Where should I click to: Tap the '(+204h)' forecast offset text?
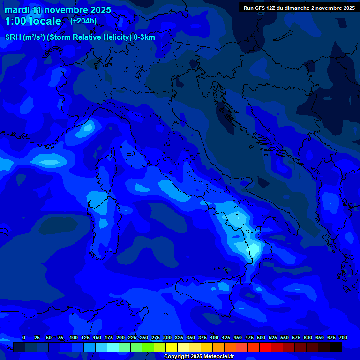click(x=83, y=21)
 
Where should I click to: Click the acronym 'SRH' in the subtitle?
click(x=13, y=37)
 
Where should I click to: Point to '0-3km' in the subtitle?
click(x=144, y=37)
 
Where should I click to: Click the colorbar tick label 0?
click(x=24, y=337)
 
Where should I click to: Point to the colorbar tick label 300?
click(x=167, y=337)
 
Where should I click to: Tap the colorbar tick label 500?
click(x=261, y=337)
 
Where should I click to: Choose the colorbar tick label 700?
click(x=343, y=337)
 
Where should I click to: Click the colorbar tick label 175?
click(x=109, y=337)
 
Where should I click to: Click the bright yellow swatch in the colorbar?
click(x=172, y=347)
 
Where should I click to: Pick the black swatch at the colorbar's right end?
click(x=336, y=347)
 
